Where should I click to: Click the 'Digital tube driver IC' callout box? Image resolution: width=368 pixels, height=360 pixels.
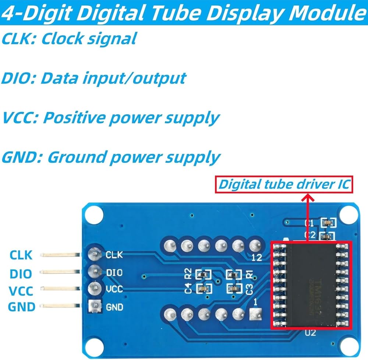[x=284, y=184]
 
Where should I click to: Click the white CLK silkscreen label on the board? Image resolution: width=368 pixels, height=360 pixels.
[x=114, y=254]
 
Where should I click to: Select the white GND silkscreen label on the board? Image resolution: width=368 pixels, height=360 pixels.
[x=114, y=307]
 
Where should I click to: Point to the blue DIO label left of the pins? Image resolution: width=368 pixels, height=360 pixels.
[x=21, y=273]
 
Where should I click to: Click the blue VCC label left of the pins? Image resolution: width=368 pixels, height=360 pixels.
[x=21, y=291]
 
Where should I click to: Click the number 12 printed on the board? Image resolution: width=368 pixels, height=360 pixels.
[x=257, y=257]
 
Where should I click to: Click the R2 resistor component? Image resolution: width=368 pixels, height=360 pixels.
[x=203, y=274]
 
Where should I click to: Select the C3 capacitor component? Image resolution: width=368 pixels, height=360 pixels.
[x=233, y=289]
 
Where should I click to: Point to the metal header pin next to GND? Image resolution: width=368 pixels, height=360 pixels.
[x=61, y=305]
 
